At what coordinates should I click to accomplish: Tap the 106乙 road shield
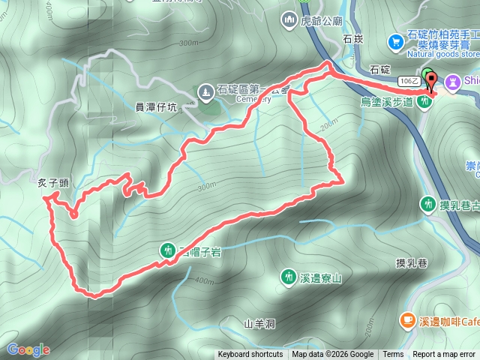tap(409, 79)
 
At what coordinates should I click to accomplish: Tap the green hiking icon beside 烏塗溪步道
tap(424, 101)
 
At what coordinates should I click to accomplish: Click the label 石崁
tap(352, 37)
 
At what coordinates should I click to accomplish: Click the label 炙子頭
tap(52, 182)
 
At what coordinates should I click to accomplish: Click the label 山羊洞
tap(260, 323)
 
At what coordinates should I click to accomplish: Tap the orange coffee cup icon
tap(406, 320)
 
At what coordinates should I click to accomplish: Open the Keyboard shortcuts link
tap(250, 355)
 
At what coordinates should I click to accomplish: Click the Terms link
tap(393, 355)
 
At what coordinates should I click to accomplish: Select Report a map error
tap(445, 355)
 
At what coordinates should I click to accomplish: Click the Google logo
tap(28, 349)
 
